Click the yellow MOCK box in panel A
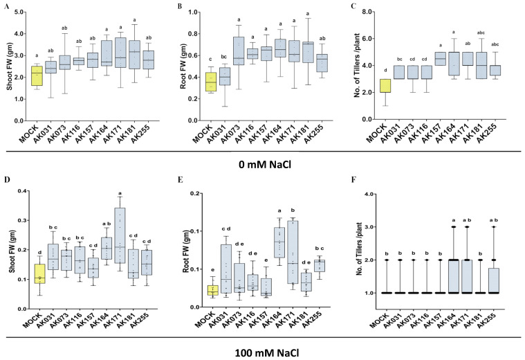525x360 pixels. tap(37, 75)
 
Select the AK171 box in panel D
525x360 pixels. tap(120, 235)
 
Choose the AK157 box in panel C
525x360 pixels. tap(440, 59)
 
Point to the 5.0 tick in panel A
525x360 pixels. tap(19, 12)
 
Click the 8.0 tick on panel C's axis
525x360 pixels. tap(367, 12)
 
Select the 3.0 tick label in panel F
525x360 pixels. tap(368, 227)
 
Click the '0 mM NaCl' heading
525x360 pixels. tap(265, 165)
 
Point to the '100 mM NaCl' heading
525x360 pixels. tap(267, 353)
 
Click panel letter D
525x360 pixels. tap(6, 180)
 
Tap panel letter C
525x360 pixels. tap(353, 6)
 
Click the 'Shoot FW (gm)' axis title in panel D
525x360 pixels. tap(12, 249)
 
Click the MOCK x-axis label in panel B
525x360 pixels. tap(202, 133)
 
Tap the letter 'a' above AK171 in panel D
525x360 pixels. tap(120, 193)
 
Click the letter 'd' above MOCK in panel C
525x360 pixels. tap(385, 70)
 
